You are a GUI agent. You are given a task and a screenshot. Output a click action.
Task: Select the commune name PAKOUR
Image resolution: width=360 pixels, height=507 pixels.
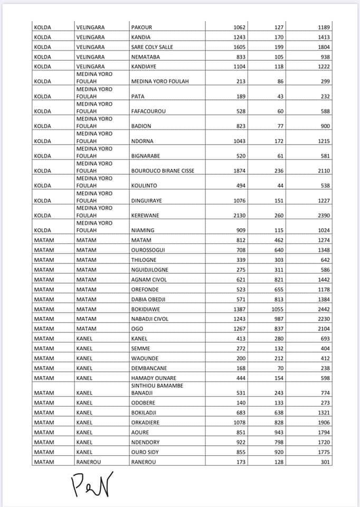[x=141, y=27]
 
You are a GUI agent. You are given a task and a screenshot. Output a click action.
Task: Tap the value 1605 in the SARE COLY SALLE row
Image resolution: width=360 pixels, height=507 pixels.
[x=239, y=47]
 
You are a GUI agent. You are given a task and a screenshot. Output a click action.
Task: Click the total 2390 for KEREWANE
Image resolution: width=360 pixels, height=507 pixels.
[x=324, y=215]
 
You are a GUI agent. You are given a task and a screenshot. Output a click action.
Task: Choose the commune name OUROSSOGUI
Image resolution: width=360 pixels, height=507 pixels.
[x=148, y=250]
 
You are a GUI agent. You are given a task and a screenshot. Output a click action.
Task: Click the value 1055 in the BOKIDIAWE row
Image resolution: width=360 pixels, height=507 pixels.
[x=277, y=309]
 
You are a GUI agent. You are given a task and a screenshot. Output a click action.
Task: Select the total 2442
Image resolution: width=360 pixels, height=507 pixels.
[x=324, y=309]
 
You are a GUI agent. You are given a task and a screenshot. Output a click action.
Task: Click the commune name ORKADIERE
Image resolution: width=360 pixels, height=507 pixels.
[x=145, y=422]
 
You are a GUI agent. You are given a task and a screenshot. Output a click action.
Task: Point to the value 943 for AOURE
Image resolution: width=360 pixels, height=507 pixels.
[x=278, y=433]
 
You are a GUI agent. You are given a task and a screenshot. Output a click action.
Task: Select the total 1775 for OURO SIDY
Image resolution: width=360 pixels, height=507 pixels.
[x=324, y=452]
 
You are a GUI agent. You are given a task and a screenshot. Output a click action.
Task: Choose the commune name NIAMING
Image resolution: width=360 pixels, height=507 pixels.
[x=143, y=230]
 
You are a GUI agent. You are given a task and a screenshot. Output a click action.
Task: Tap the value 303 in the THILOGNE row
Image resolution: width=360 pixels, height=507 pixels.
[x=278, y=260]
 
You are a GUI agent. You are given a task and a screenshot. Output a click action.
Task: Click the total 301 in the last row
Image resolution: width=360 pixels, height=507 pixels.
[x=325, y=462]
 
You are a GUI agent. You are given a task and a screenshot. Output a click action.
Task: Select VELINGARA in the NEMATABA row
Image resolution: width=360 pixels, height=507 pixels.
[x=90, y=57]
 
